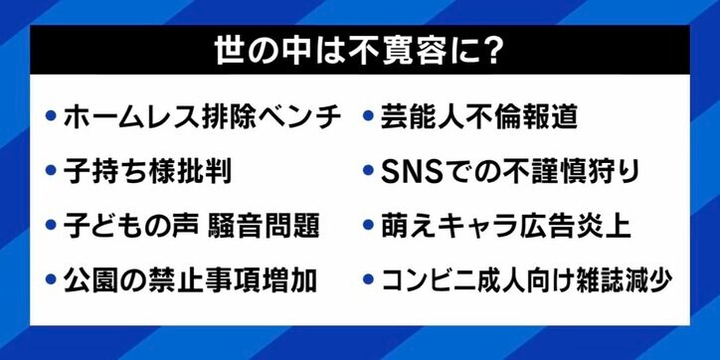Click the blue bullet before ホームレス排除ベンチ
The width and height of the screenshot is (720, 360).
pos(50,117)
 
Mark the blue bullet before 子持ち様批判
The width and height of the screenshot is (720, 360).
pos(50,171)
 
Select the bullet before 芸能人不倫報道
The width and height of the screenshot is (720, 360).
pos(368,117)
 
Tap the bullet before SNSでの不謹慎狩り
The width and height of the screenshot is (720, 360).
pos(368,171)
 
